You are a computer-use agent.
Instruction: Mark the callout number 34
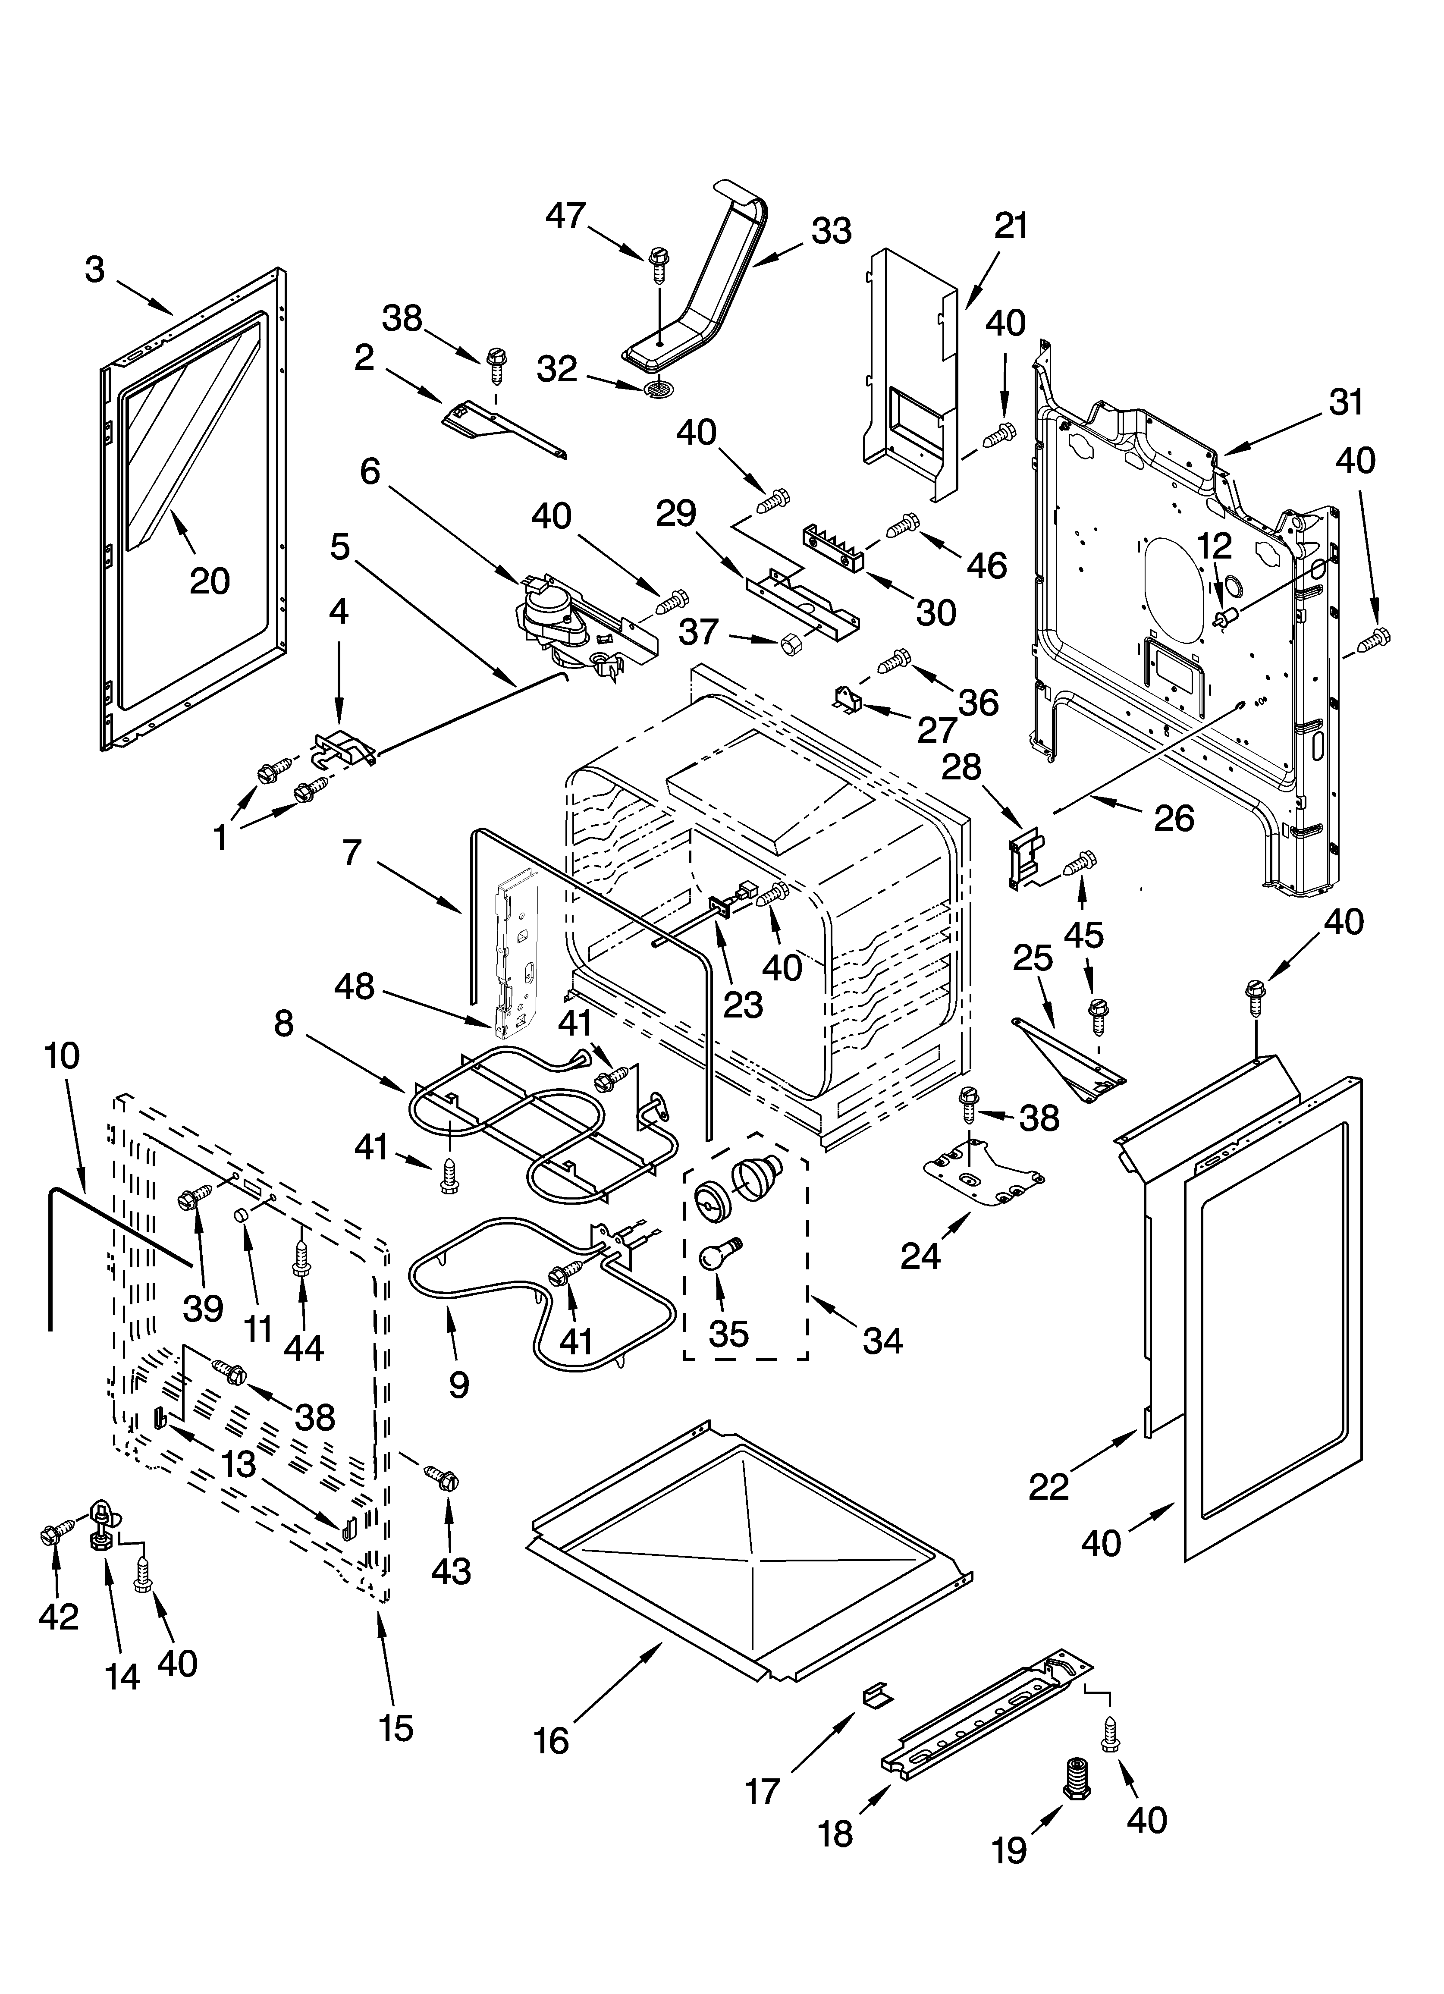(x=882, y=1341)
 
